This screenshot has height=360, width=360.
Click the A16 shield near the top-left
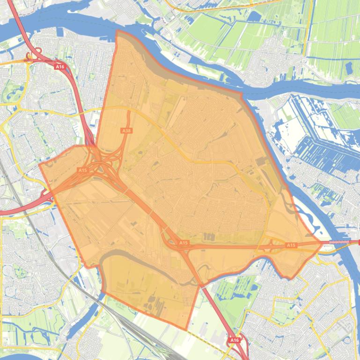click(x=59, y=67)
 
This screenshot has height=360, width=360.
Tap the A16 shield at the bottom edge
click(x=235, y=341)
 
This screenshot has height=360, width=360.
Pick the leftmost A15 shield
click(x=83, y=170)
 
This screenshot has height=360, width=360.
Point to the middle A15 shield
click(x=183, y=243)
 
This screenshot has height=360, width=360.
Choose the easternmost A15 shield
click(x=291, y=245)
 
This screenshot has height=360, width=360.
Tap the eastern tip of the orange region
click(x=322, y=243)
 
